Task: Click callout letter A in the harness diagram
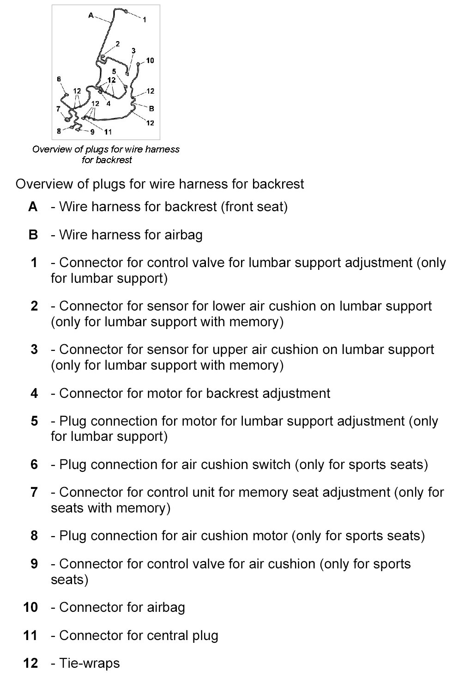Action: [x=91, y=15]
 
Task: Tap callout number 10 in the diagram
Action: [x=150, y=61]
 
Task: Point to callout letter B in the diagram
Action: [x=151, y=109]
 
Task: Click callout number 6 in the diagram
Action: [x=59, y=79]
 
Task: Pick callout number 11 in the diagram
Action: [x=108, y=132]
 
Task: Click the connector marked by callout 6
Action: [x=66, y=95]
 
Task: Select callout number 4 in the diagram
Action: [x=108, y=104]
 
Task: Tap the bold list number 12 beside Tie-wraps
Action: [x=30, y=663]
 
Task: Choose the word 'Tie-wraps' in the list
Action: [x=90, y=663]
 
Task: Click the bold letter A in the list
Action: [x=33, y=207]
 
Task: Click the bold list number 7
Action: [x=34, y=492]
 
